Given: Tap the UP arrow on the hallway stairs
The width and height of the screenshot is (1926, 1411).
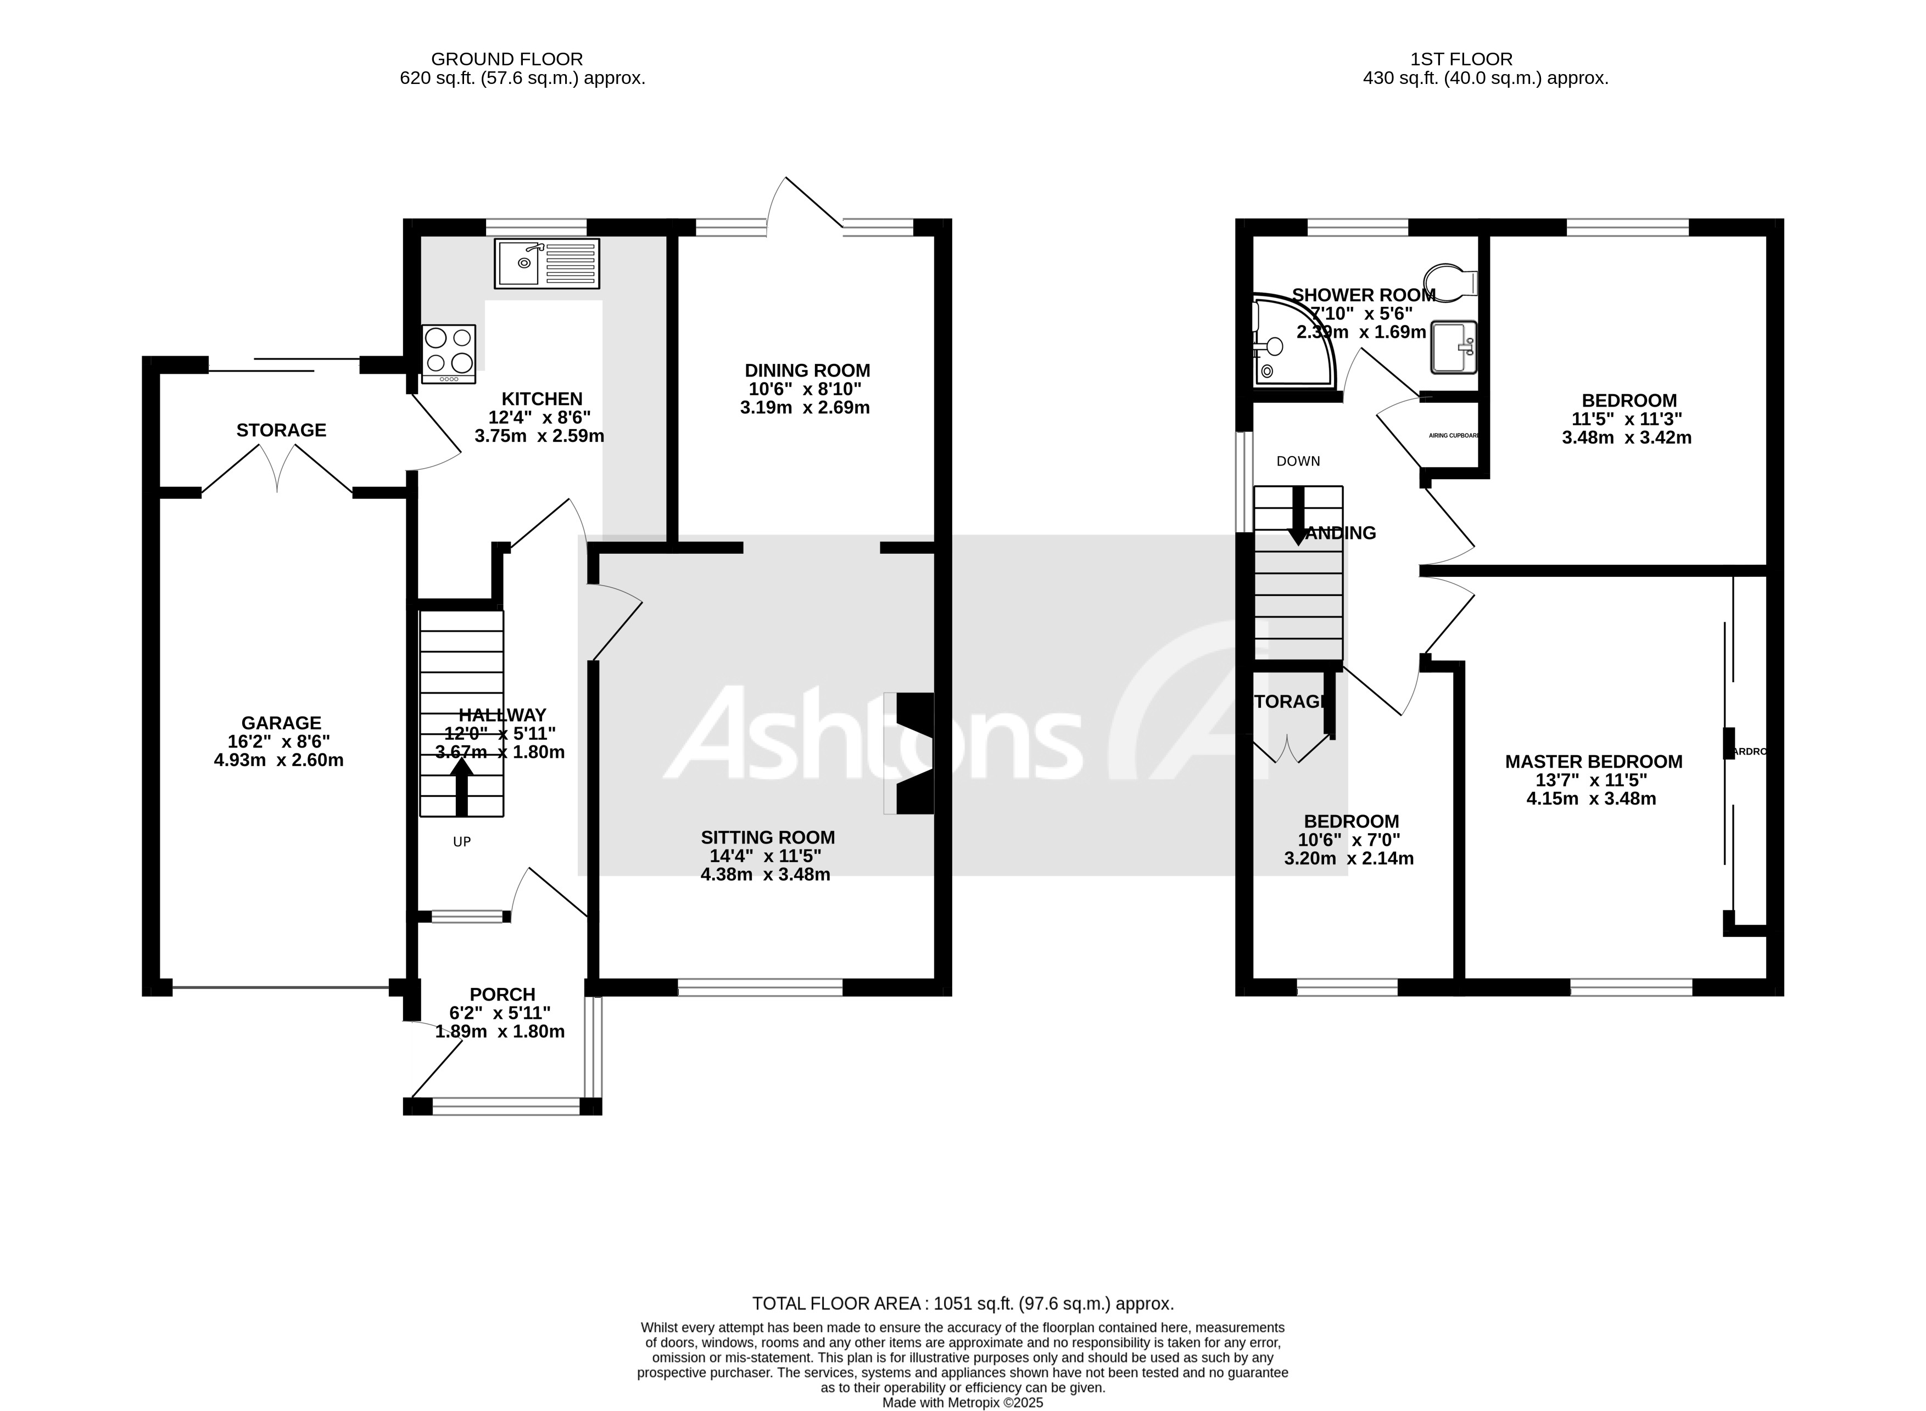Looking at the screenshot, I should pos(461,783).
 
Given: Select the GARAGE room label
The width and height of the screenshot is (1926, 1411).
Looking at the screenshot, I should pos(280,723).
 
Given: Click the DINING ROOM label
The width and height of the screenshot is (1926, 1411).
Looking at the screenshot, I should pos(807,370).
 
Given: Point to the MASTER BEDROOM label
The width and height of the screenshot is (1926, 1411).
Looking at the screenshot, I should pos(1593,762).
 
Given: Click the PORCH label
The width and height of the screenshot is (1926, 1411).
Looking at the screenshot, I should pos(503,994).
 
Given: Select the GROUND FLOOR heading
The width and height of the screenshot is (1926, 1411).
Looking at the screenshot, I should pos(507,59).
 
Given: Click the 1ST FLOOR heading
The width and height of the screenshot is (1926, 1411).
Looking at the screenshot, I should pos(1461,59).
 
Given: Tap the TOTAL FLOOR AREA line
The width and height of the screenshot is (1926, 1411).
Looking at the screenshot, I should pos(962,1303).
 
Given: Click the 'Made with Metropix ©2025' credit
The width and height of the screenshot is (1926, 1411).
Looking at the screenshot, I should pos(962,1402).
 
